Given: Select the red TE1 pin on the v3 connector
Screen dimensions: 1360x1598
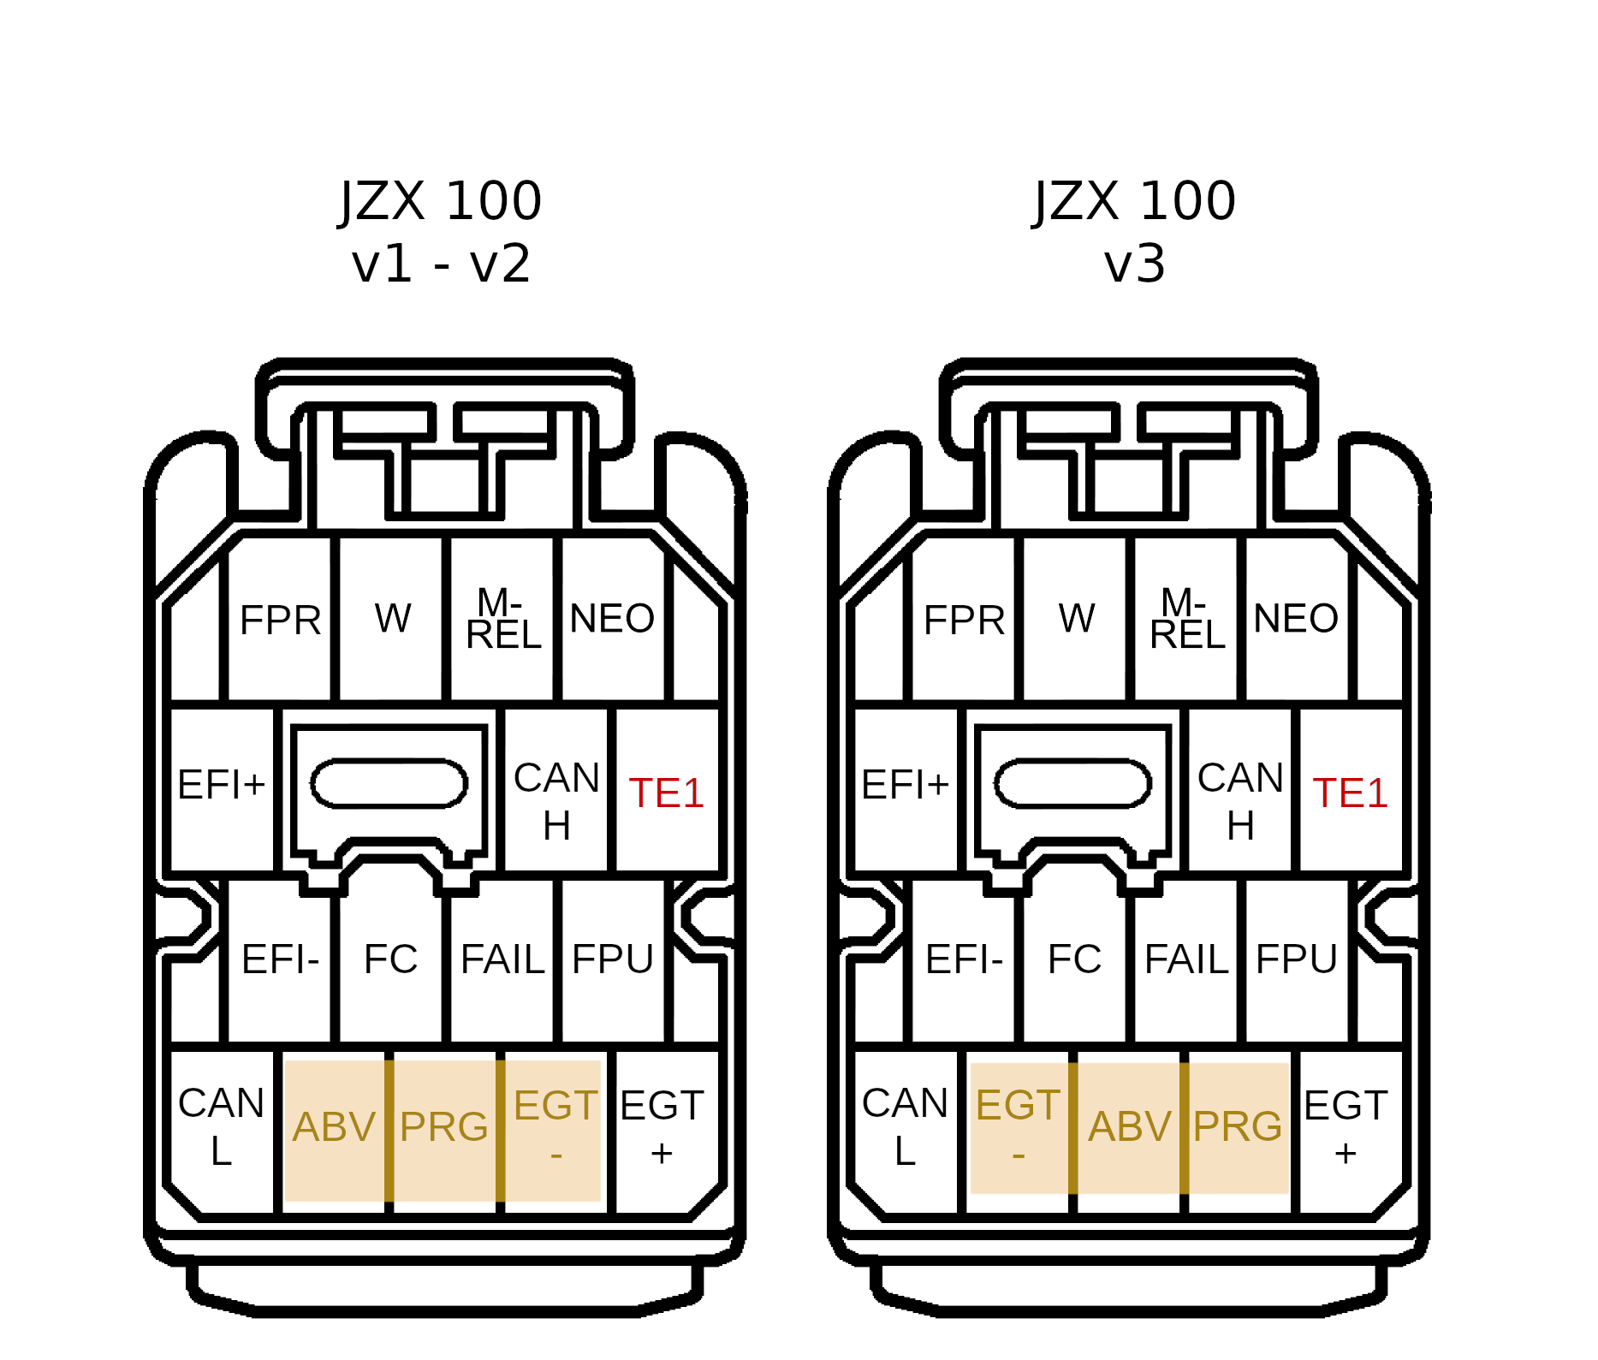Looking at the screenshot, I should (1350, 793).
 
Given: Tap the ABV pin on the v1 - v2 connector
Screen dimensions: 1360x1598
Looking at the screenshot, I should (334, 1127).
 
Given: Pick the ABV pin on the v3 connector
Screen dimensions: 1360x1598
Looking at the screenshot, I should (1129, 1127).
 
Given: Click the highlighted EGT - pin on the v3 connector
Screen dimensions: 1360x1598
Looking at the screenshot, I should (1018, 1127).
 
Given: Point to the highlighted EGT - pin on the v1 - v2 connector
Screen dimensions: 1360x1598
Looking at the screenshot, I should (555, 1127).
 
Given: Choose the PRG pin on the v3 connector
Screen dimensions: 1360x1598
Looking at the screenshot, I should (1237, 1127).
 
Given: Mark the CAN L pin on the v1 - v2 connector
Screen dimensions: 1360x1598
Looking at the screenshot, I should (221, 1127).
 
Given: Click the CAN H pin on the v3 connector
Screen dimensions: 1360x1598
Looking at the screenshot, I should (1239, 800).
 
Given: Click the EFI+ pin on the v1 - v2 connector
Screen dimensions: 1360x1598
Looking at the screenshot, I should (221, 786).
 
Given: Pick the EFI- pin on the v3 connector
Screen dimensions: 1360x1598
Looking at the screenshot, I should (964, 959).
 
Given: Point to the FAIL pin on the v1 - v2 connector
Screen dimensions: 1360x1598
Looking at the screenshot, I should (502, 959).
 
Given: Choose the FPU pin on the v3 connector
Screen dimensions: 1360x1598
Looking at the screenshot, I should (1296, 959).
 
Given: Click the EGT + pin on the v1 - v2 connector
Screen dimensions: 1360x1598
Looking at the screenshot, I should (662, 1127).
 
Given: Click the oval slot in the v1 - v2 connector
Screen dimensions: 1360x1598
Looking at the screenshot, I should (389, 783).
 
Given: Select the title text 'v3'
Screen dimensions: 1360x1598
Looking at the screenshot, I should (1134, 264).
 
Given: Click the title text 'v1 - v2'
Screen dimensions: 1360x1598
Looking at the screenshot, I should (441, 264).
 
